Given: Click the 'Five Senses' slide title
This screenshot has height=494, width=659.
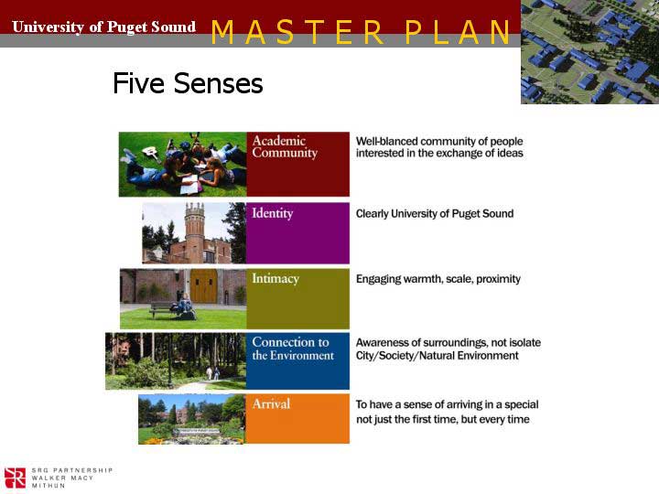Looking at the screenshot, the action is coord(188,82).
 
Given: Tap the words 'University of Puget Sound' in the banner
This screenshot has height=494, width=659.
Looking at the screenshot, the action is coord(103,27).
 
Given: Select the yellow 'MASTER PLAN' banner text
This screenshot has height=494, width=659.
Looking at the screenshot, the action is coord(361,32).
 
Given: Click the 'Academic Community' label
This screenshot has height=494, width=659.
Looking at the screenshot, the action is coord(285,146).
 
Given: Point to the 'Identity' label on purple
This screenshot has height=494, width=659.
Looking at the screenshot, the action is coord(273,213).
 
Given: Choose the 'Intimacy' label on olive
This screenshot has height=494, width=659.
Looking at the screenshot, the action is coord(275,279).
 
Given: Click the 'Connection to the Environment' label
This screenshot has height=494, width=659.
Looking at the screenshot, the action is coord(293,349).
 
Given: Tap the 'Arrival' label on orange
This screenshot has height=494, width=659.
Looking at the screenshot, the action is coord(271,403).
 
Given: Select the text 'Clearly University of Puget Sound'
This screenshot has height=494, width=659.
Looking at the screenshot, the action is coord(435,214).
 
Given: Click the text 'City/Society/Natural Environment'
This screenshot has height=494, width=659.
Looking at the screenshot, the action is coord(438,355).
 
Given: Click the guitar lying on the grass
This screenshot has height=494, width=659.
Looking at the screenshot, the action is coord(151,154).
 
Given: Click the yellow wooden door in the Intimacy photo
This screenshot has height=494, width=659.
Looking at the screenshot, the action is coord(204,286).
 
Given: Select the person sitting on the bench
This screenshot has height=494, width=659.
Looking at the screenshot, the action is coord(184,306).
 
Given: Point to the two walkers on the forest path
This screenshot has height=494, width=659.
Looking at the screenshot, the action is coord(212,373).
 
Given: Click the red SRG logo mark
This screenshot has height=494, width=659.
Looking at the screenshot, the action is coord(15,478).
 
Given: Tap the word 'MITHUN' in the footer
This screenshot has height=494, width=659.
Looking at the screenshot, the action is coord(49,486).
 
